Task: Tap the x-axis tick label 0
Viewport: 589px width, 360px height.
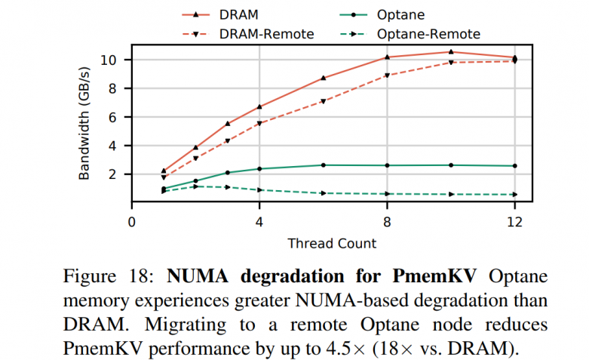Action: pos(132,223)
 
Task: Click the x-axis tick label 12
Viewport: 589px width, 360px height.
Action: pos(514,223)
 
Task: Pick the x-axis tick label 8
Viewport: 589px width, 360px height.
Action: pos(387,223)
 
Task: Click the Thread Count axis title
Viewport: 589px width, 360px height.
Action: pos(331,243)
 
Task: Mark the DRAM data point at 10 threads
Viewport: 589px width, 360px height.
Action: pos(451,52)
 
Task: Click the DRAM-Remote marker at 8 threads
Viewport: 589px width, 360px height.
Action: pos(387,75)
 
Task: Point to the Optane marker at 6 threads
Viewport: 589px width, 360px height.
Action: pos(324,165)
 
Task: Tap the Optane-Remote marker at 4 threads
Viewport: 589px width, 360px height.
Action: pos(259,189)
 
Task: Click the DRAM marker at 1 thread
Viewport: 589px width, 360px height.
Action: pos(164,171)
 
